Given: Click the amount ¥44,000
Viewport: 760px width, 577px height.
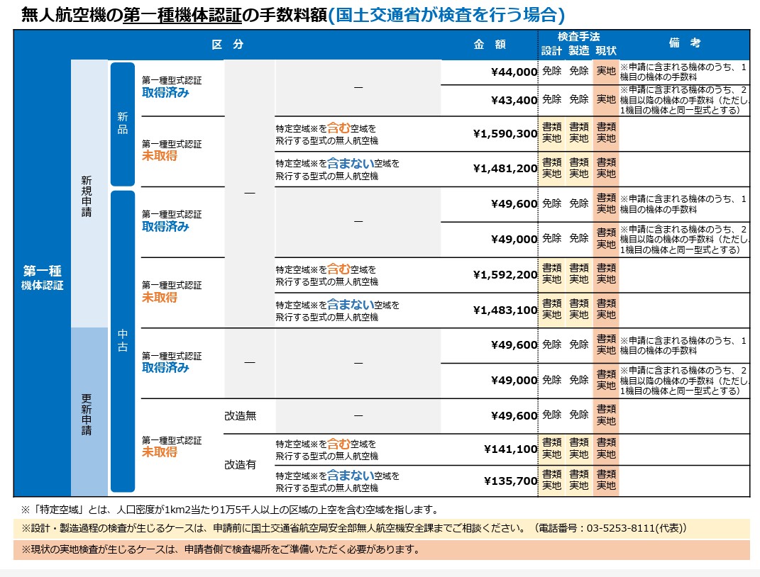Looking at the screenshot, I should click(x=514, y=72).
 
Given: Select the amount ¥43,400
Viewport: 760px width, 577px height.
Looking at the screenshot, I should click(x=514, y=100).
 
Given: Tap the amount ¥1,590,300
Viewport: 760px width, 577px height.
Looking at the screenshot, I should click(x=505, y=133).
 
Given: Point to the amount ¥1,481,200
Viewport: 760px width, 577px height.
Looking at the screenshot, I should click(x=505, y=168).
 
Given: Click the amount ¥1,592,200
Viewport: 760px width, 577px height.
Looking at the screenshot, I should click(x=505, y=274).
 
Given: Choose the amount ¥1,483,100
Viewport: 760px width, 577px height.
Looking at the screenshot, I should click(x=505, y=310).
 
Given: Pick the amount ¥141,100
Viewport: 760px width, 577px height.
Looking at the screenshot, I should click(x=510, y=449).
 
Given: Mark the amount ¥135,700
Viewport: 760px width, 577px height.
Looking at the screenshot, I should click(x=510, y=481).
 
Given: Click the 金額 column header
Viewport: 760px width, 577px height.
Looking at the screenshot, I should click(x=490, y=44).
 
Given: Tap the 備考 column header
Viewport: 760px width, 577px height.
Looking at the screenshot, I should click(x=685, y=43).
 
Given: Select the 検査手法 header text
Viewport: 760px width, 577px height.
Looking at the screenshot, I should click(x=578, y=36).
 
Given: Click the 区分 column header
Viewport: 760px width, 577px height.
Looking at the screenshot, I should click(x=227, y=44).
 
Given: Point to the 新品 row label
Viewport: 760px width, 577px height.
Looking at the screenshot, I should click(x=123, y=124).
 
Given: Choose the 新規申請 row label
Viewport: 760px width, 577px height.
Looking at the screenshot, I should click(x=87, y=196).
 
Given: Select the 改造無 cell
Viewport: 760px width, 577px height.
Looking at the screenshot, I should click(x=240, y=415).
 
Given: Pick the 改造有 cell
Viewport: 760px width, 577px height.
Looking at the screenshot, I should click(x=240, y=465).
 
